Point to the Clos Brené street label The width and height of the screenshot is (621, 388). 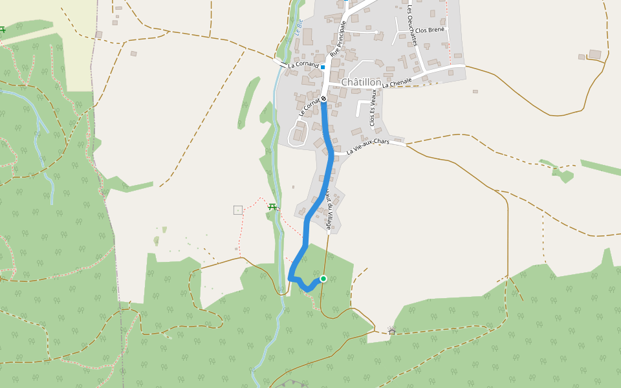pos(430,30)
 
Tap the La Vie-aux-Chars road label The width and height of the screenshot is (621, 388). pos(368,147)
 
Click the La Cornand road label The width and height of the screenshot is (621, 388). pos(303,65)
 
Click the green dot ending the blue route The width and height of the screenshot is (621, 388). pos(323,279)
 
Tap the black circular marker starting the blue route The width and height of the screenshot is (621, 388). pos(323,98)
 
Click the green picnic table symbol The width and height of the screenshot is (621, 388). pos(272,207)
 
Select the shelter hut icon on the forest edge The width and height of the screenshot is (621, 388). pos(391,332)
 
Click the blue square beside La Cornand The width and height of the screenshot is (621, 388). pos(323,67)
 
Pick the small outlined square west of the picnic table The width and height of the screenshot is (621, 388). pos(238,210)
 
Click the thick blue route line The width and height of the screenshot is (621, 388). pos(331,155)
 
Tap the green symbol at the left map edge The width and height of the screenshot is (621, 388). pos(3,29)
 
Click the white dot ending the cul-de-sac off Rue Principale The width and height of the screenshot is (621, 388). pos(376,32)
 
